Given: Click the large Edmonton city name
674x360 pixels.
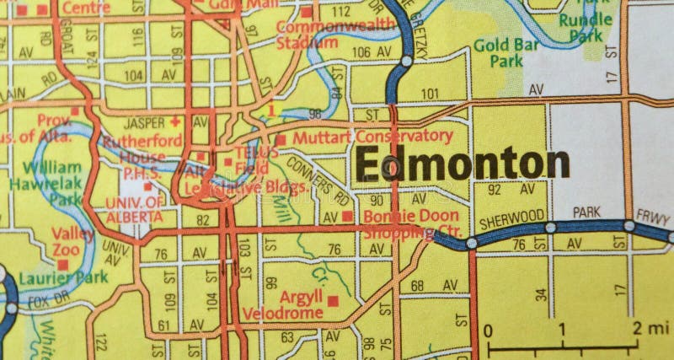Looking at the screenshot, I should [x=462, y=163].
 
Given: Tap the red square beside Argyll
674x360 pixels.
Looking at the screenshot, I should [x=333, y=300].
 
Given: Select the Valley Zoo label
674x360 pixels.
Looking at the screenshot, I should [x=72, y=242].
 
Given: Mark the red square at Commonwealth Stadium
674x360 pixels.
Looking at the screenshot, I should [x=307, y=13].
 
